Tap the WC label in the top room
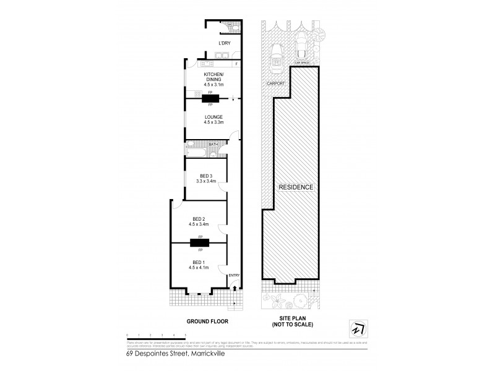(230, 25)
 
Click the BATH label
(213, 144)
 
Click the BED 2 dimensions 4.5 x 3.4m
(199, 224)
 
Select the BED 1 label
(199, 262)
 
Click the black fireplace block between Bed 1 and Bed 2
(200, 243)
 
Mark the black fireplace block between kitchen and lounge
(210, 98)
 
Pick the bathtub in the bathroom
(197, 151)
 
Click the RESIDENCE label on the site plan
(296, 187)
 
